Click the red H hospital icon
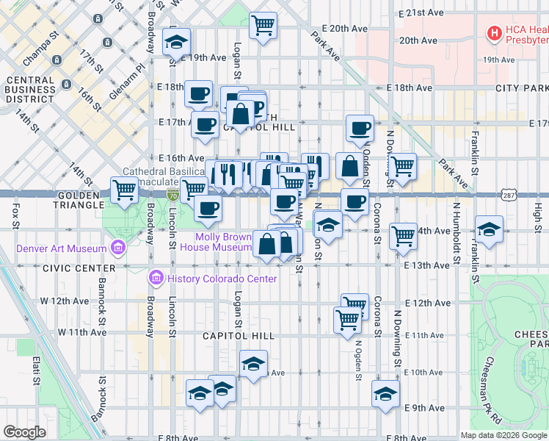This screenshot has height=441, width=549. (x=495, y=32)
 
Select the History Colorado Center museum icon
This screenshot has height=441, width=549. (x=156, y=279)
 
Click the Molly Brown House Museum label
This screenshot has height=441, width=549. (x=224, y=242)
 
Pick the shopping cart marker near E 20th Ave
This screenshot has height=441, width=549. (x=263, y=26)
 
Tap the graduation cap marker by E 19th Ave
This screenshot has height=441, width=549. (x=176, y=42)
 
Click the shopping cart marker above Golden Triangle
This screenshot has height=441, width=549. (x=125, y=190)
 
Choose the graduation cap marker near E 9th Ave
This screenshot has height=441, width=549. (x=385, y=394)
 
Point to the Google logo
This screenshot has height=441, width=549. (x=25, y=431)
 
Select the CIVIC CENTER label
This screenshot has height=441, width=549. (x=70, y=268)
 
